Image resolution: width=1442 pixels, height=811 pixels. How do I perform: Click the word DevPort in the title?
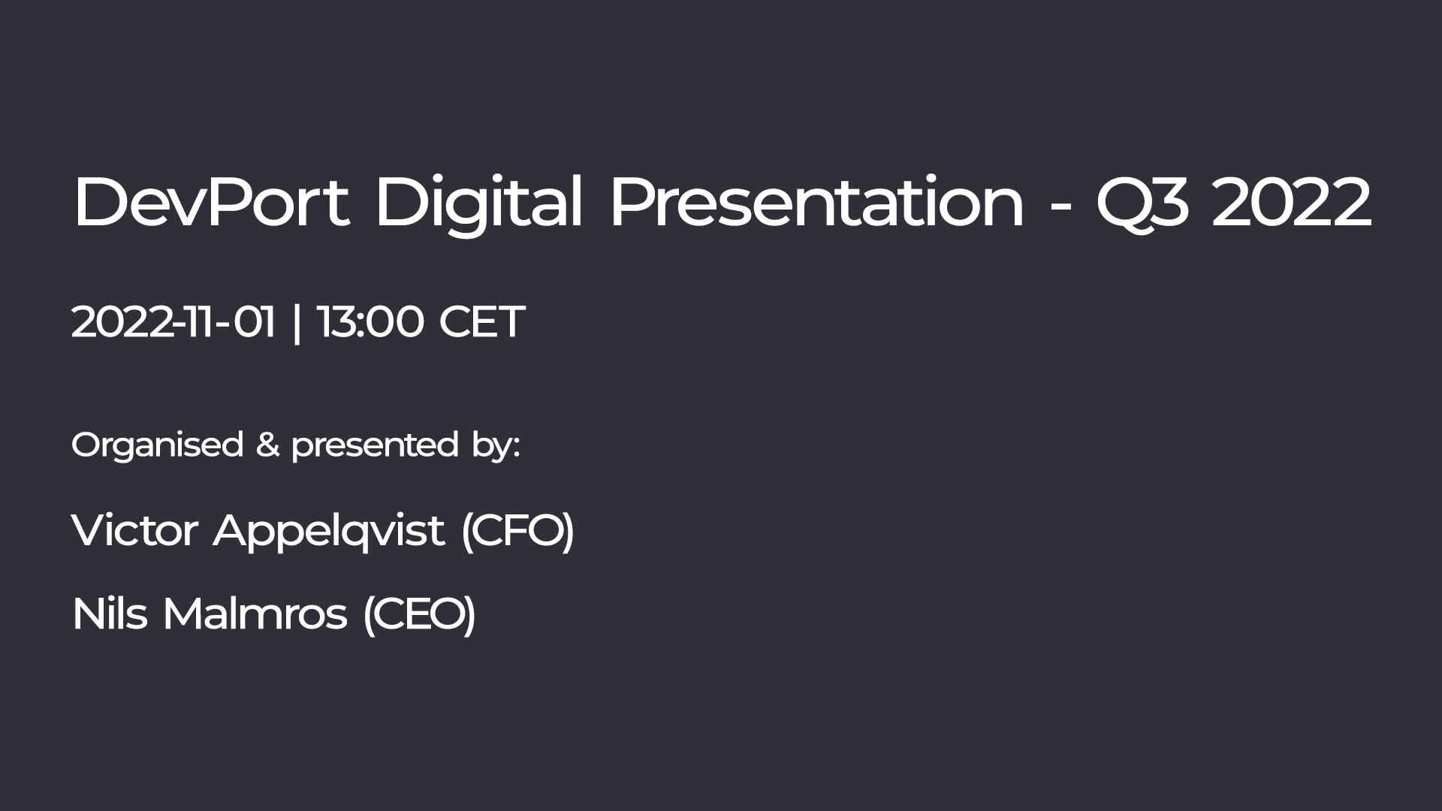(x=211, y=203)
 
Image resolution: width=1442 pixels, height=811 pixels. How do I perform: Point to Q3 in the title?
(x=1142, y=204)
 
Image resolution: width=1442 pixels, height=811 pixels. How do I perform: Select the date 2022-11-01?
(x=173, y=322)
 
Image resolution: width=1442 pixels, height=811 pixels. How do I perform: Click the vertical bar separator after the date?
(x=297, y=323)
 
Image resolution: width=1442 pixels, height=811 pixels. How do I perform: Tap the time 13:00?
(x=370, y=322)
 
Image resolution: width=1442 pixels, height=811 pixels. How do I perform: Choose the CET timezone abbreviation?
(x=481, y=322)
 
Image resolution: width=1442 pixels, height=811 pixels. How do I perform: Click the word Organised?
(x=157, y=446)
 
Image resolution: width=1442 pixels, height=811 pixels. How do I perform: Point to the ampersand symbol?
(x=267, y=445)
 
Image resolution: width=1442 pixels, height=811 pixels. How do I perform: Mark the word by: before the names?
(x=496, y=446)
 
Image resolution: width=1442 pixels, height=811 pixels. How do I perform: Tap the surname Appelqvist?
(x=329, y=532)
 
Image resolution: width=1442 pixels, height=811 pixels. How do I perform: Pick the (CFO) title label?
(x=517, y=531)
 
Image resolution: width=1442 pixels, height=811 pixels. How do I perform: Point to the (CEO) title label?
(x=419, y=614)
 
